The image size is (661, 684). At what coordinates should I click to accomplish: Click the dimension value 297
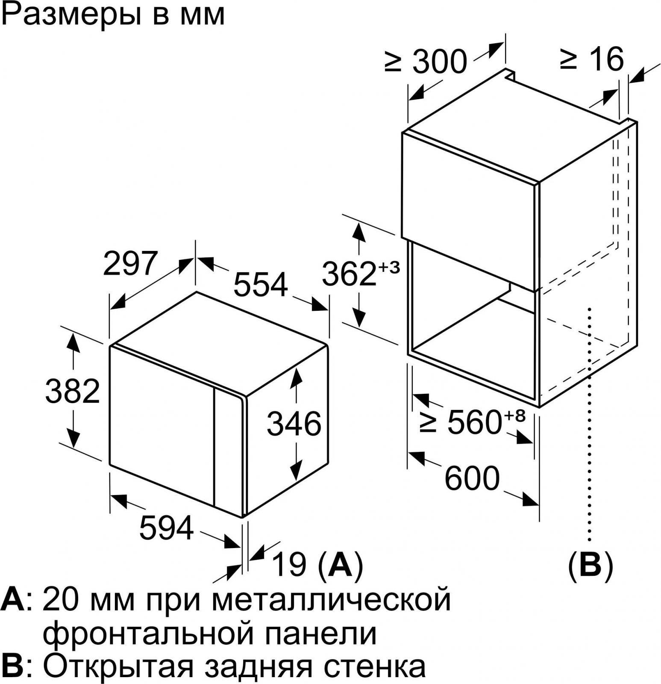coord(131,263)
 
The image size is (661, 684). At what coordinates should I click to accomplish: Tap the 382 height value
coord(73,391)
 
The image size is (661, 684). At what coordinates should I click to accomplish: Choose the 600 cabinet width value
coord(472,478)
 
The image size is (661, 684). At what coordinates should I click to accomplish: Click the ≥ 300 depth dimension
coord(425,61)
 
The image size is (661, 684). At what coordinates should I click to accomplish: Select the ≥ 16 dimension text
coord(592,59)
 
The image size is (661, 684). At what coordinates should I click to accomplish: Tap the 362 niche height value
coord(349,274)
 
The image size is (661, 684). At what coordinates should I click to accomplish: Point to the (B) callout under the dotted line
coord(590,566)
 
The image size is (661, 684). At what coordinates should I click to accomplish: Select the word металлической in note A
coord(332,600)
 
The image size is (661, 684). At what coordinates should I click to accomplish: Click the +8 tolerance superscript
coord(514,416)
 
